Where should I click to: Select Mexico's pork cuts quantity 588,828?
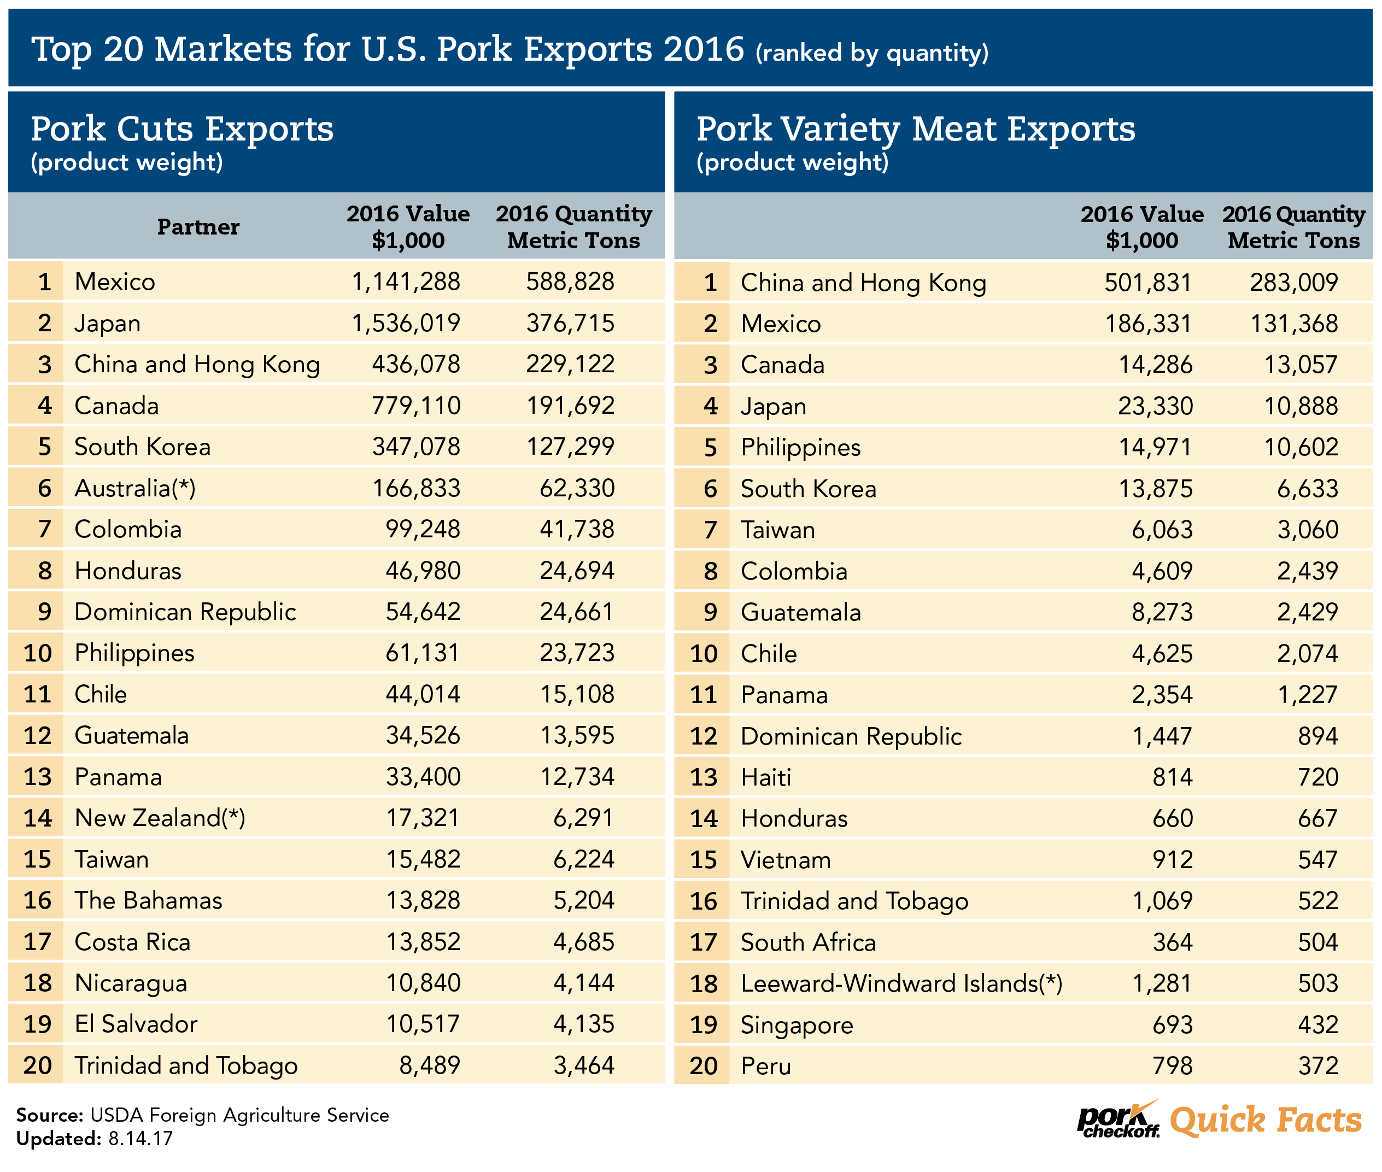pos(570,282)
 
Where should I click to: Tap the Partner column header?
pos(198,227)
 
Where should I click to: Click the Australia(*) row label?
pos(135,488)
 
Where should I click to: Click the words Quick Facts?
pos(1266,1120)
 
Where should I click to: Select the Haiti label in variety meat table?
pos(765,777)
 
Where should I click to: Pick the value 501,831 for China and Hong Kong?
pos(1147,283)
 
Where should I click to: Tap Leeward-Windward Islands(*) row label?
pos(901,983)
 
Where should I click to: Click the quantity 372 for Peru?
pos(1318,1066)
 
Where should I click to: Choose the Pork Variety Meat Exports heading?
pos(916,129)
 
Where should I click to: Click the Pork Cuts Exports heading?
pos(182,129)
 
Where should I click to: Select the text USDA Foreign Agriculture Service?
pos(239,1115)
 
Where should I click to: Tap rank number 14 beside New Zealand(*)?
pos(37,818)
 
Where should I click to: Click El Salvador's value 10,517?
pos(423,1024)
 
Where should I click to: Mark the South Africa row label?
pos(808,942)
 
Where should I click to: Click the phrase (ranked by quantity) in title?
pos(872,52)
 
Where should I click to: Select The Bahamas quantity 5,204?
pos(583,900)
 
